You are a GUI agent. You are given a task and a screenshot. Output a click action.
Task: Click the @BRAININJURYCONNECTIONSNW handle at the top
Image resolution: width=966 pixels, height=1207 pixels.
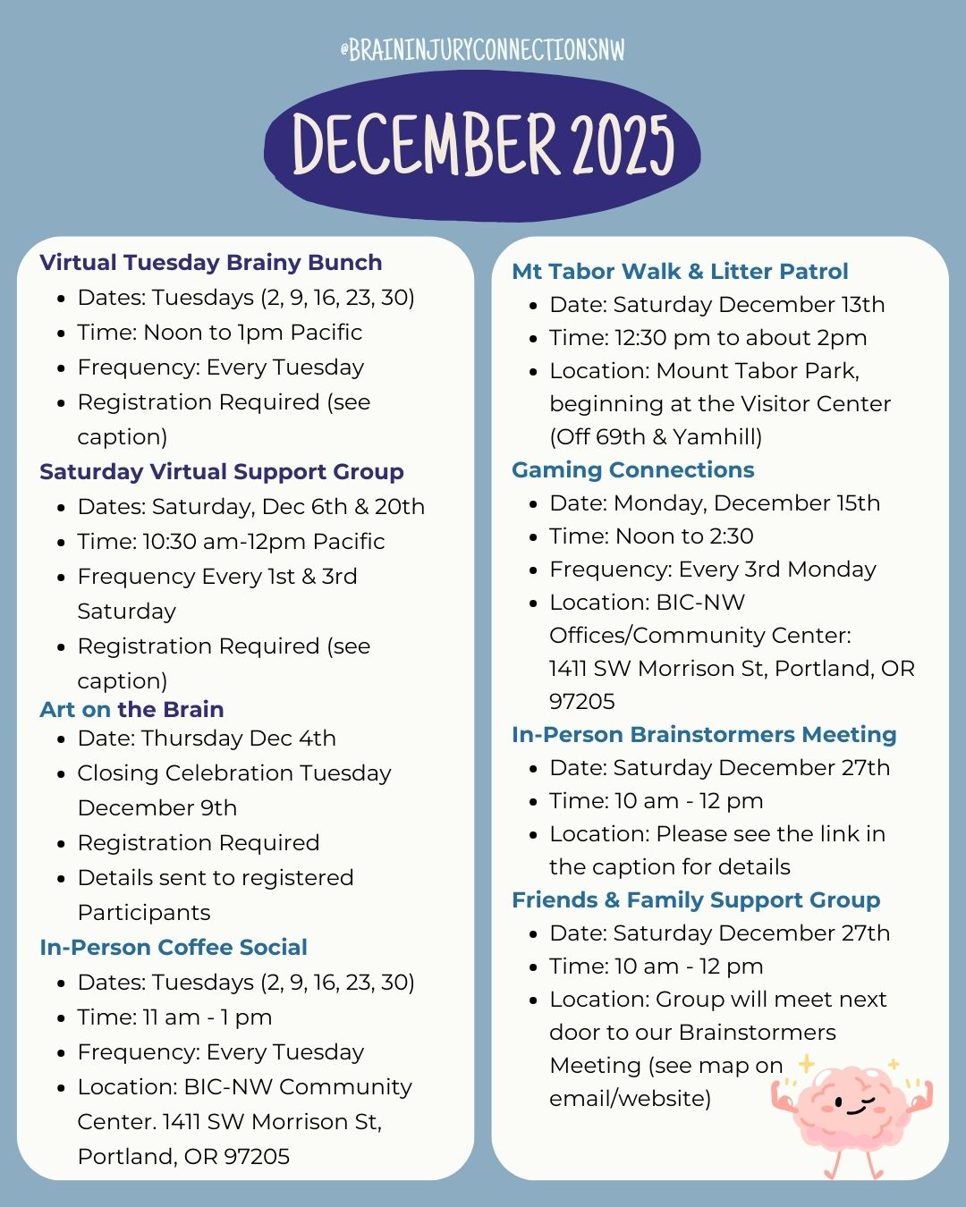click(x=482, y=50)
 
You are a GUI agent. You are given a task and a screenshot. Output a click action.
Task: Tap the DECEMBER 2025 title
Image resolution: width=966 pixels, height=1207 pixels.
click(x=482, y=145)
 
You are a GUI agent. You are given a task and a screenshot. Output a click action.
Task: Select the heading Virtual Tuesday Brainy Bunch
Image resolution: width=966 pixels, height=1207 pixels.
click(x=211, y=263)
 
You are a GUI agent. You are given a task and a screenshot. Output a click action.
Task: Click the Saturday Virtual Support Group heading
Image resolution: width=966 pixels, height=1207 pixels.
click(x=222, y=472)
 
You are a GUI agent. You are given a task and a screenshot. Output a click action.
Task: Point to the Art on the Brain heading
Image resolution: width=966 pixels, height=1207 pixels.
click(x=131, y=710)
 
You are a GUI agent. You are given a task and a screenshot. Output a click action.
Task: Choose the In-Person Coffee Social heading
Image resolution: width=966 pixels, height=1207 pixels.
click(x=174, y=948)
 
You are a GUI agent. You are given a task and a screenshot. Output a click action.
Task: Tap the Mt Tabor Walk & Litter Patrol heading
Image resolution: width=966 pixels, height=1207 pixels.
click(x=680, y=272)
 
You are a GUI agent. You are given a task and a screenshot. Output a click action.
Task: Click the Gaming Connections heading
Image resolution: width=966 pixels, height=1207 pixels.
click(x=632, y=470)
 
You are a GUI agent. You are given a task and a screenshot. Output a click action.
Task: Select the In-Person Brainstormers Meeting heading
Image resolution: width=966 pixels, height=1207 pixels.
click(x=704, y=735)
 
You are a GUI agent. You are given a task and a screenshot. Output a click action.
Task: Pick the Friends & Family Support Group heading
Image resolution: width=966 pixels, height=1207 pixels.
click(x=696, y=900)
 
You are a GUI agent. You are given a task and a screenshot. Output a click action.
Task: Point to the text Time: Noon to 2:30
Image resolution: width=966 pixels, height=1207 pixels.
click(x=651, y=536)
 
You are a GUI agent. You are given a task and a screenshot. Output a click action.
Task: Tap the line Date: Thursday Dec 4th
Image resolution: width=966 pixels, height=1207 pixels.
click(x=207, y=739)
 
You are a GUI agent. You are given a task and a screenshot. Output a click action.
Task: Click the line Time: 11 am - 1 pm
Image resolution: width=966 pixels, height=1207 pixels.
click(x=174, y=1017)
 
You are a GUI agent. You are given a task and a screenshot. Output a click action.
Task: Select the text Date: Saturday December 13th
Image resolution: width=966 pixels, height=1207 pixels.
click(x=716, y=305)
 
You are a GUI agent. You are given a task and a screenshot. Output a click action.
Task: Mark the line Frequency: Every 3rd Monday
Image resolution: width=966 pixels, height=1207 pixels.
click(x=712, y=570)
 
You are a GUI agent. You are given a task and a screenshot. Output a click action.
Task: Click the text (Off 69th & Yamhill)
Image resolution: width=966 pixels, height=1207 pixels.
click(x=656, y=437)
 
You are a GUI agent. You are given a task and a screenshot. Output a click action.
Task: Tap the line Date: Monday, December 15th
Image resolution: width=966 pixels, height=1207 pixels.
click(x=714, y=503)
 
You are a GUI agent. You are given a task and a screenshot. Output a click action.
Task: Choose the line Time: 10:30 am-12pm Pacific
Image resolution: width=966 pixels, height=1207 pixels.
click(x=231, y=542)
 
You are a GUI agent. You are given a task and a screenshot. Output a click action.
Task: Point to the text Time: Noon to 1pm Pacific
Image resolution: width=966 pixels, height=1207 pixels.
click(x=219, y=333)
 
